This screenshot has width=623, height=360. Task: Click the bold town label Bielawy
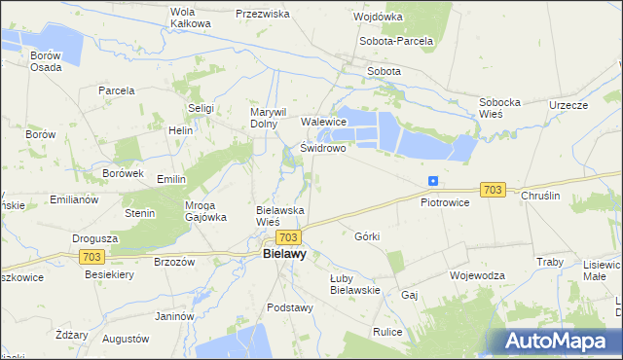pos(284,254)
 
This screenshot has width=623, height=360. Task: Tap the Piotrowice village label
pos(445,202)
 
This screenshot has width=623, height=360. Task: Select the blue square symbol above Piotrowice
pos(432,181)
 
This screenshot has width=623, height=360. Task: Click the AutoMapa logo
pos(560,341)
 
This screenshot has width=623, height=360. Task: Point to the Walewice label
pos(324,122)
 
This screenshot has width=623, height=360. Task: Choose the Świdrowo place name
pos(323,149)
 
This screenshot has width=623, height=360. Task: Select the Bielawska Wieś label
pos(280,215)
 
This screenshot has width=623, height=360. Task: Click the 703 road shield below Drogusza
pos(92,256)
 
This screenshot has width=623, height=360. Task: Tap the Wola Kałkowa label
pos(190,18)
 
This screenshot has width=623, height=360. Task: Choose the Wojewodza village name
pos(477,275)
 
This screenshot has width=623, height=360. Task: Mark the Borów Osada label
pos(46,61)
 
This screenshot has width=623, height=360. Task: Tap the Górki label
pos(367,236)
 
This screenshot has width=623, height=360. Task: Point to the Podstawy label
pos(289,307)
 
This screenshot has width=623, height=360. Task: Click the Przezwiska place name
pos(263,15)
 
